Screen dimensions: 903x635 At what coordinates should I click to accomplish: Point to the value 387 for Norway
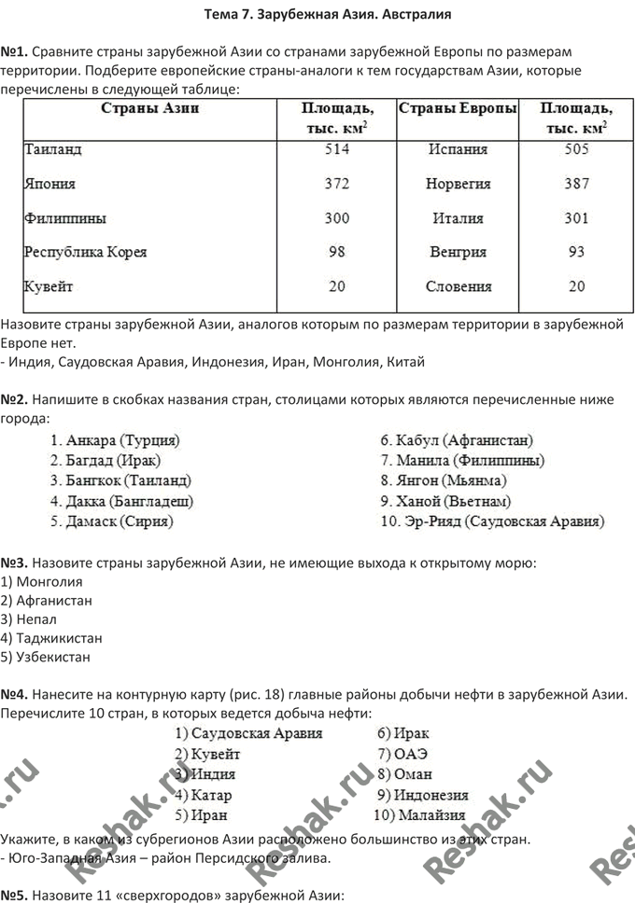click(x=576, y=184)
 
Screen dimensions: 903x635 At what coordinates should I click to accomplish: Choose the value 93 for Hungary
click(x=576, y=252)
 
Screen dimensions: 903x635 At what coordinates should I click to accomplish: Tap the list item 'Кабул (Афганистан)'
click(x=457, y=439)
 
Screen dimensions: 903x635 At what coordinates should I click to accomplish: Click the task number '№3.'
click(x=16, y=563)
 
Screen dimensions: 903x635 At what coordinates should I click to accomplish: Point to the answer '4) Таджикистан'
click(x=52, y=638)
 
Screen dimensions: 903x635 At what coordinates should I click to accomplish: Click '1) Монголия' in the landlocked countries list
click(x=43, y=582)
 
